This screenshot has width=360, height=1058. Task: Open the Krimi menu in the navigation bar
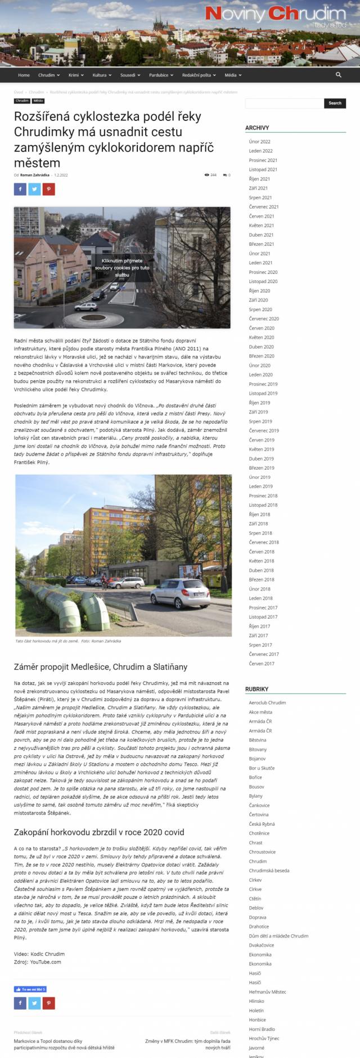[75, 75]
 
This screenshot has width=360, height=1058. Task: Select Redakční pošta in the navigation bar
[198, 75]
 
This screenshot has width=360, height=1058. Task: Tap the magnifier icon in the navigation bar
[339, 75]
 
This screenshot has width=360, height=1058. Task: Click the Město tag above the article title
[38, 101]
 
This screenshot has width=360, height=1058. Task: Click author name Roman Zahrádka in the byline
[35, 175]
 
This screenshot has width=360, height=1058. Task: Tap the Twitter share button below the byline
[34, 189]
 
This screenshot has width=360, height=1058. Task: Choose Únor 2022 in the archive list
[259, 142]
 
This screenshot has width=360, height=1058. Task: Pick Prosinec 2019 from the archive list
[263, 384]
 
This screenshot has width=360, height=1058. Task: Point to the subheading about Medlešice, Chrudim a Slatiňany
[100, 667]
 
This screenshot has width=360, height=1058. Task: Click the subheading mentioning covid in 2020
[99, 832]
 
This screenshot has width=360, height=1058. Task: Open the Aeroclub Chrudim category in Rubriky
[267, 703]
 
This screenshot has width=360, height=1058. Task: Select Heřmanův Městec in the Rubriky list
[267, 992]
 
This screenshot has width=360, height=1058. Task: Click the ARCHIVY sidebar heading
[257, 128]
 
